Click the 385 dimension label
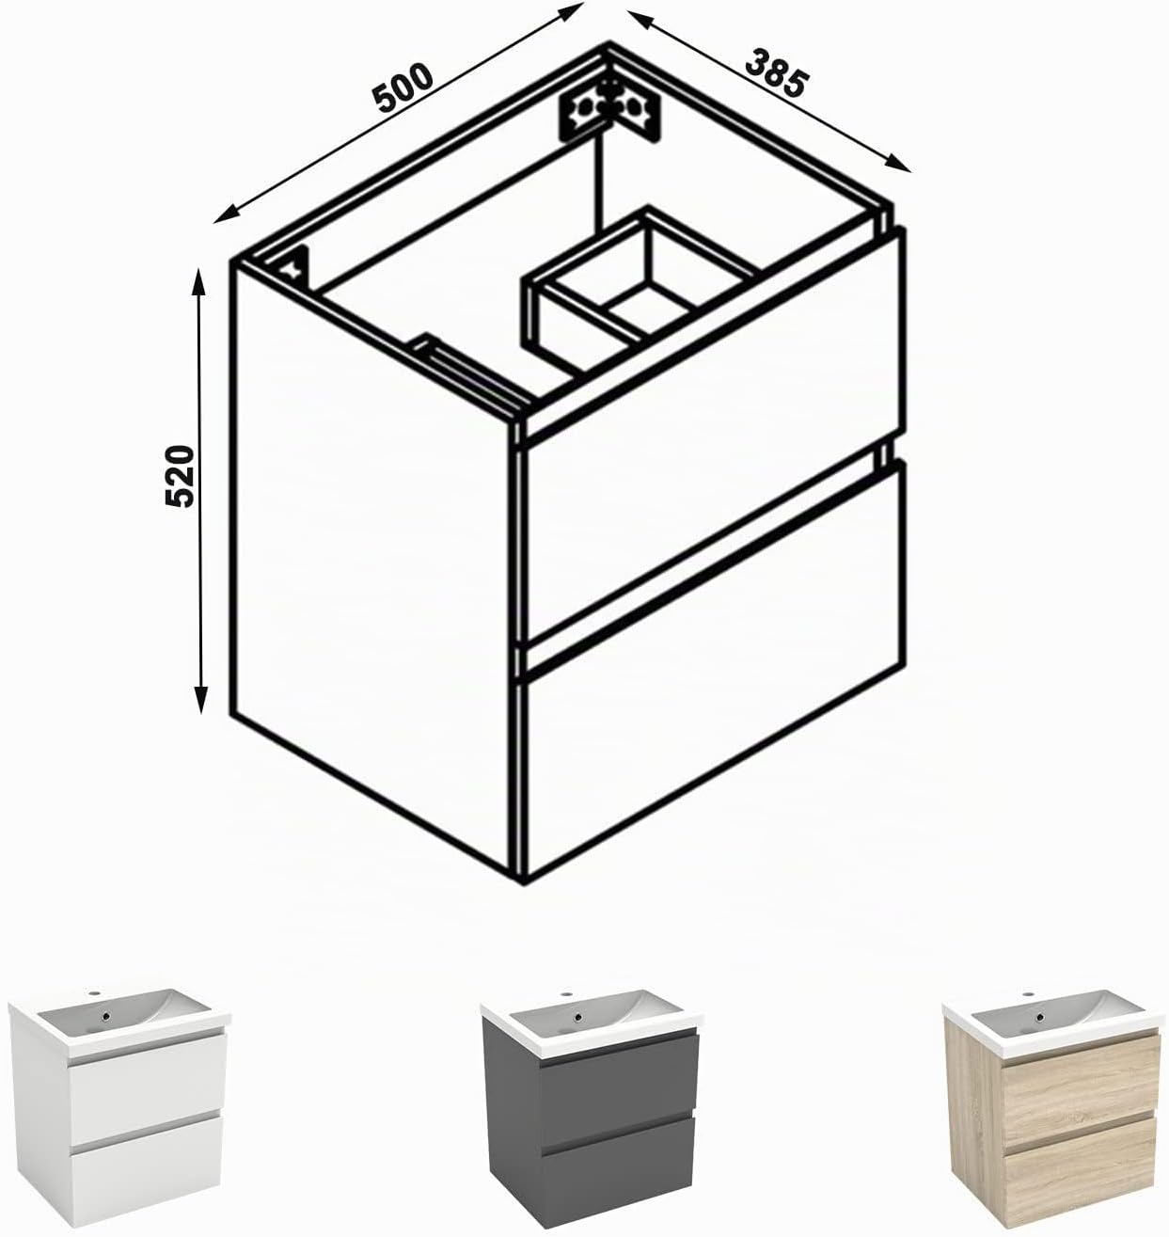pyautogui.click(x=776, y=73)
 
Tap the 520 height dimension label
pyautogui.click(x=179, y=476)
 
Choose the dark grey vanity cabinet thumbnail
pyautogui.click(x=591, y=1111)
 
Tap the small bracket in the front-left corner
pyautogui.click(x=295, y=267)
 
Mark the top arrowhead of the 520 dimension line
pyautogui.click(x=199, y=280)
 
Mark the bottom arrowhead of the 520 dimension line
pyautogui.click(x=200, y=700)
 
